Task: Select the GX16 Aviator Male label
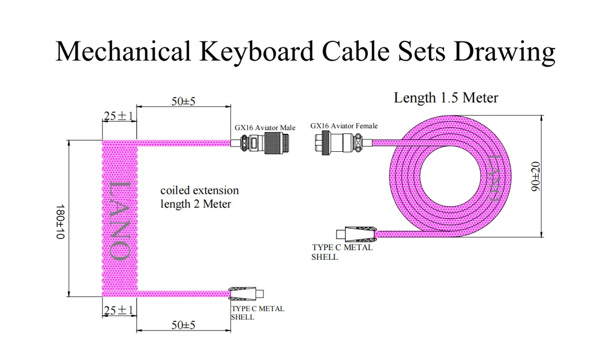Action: [x=265, y=128]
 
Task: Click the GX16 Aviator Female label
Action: [x=344, y=126]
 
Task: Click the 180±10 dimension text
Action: [x=59, y=221]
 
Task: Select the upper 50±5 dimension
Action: [x=184, y=101]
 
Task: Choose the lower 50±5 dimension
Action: [x=184, y=325]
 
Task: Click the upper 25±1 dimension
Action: [x=118, y=116]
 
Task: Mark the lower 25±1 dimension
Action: [x=118, y=310]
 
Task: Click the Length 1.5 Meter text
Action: [x=445, y=98]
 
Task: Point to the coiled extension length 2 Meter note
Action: [x=199, y=197]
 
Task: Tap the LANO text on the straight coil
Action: [x=119, y=220]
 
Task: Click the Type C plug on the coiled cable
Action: [x=246, y=293]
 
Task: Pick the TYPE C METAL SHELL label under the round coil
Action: [x=342, y=252]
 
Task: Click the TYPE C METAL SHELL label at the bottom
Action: [x=257, y=313]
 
